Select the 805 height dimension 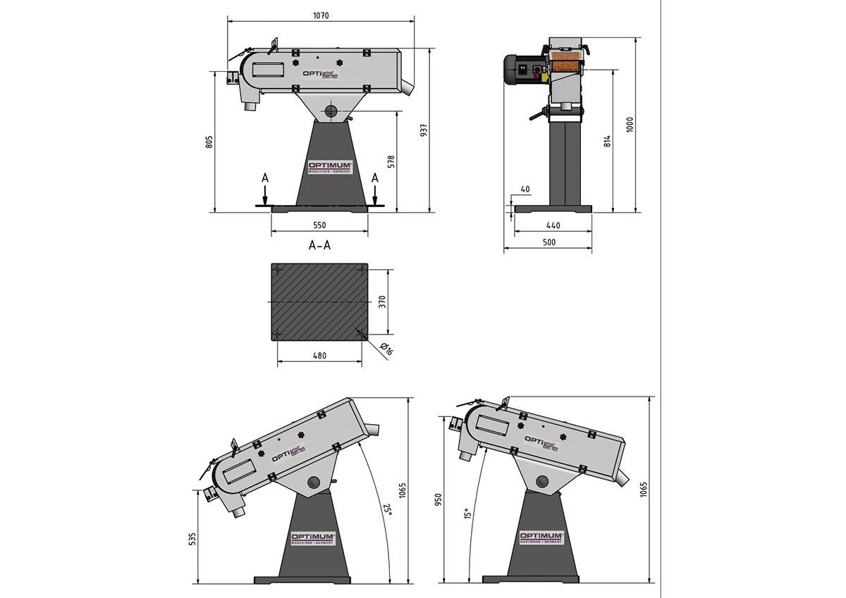209,142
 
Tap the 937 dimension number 424,131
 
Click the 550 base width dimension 319,225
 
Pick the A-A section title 320,246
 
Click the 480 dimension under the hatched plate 319,356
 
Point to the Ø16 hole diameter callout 385,349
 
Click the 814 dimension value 607,140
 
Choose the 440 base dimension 553,225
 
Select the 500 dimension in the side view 549,242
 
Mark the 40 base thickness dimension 524,189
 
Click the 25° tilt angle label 386,509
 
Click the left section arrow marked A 264,188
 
